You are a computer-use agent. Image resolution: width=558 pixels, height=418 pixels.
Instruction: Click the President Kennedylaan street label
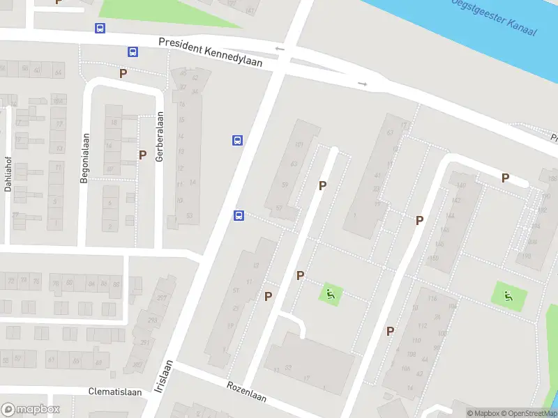point(210,52)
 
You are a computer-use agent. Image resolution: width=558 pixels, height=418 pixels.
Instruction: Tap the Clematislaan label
point(115,392)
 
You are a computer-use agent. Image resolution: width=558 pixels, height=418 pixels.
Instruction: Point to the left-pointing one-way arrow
point(280,48)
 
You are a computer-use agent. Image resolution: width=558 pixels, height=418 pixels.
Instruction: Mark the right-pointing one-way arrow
point(362,84)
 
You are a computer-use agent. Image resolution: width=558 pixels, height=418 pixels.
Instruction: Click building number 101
point(299,145)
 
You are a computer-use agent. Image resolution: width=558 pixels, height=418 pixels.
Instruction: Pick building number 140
point(461,185)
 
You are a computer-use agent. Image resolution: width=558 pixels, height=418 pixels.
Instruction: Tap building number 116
point(432,299)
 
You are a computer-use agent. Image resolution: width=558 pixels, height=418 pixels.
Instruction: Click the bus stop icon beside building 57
point(239,215)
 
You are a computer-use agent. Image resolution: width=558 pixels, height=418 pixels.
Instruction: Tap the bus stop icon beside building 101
point(237,140)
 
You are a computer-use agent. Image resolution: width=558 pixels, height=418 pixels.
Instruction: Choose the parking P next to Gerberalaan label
point(142,155)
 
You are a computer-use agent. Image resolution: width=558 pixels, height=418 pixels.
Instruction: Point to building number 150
point(433,258)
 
